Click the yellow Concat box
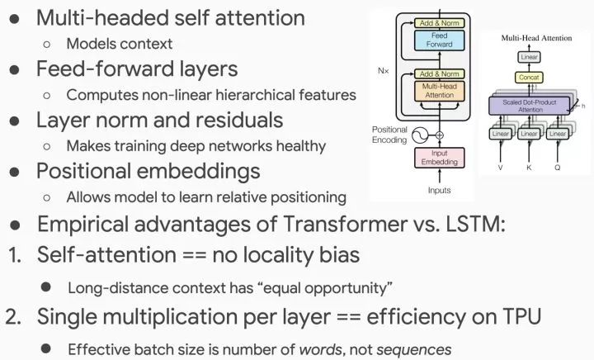pyautogui.click(x=528, y=78)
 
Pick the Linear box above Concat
pyautogui.click(x=528, y=57)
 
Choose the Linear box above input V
pyautogui.click(x=501, y=134)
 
